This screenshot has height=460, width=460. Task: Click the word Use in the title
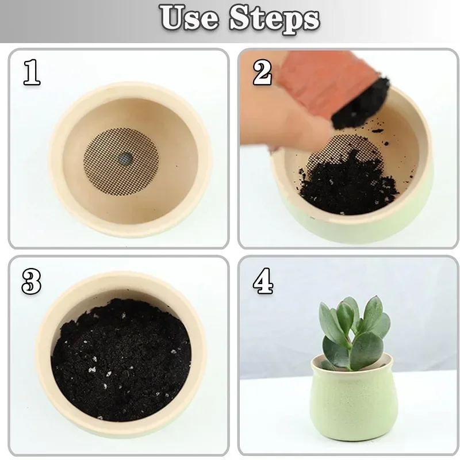click(190, 18)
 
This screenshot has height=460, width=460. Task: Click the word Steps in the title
click(274, 18)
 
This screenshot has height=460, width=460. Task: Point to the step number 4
click(263, 282)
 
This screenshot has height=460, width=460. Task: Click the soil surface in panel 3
click(121, 362)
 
